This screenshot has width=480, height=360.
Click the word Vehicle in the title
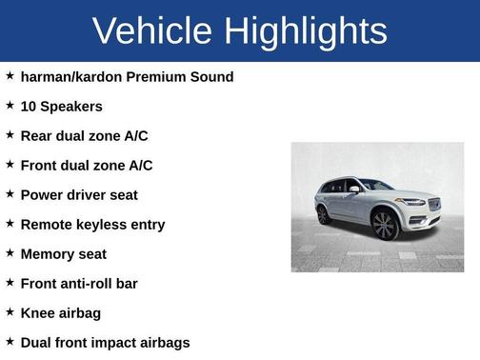[153, 30]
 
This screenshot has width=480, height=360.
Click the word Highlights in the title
[307, 30]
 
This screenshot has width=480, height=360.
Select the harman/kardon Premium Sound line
[127, 76]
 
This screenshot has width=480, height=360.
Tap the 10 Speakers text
[61, 106]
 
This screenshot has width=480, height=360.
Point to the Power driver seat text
[79, 194]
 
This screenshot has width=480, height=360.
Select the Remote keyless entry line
[92, 224]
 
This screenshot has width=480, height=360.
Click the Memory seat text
[63, 253]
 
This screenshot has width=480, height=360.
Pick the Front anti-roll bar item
[79, 283]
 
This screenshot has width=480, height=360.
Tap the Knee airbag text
[60, 312]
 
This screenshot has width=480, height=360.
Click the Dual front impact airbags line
[105, 342]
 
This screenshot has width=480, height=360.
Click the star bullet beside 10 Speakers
[10, 105]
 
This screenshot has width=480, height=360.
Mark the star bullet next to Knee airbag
[10, 311]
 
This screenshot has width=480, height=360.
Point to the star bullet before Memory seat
[10, 252]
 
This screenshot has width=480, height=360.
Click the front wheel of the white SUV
[385, 225]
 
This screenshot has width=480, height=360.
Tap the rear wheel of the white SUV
[324, 214]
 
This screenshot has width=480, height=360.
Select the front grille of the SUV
[434, 205]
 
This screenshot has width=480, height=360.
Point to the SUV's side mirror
[355, 190]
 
